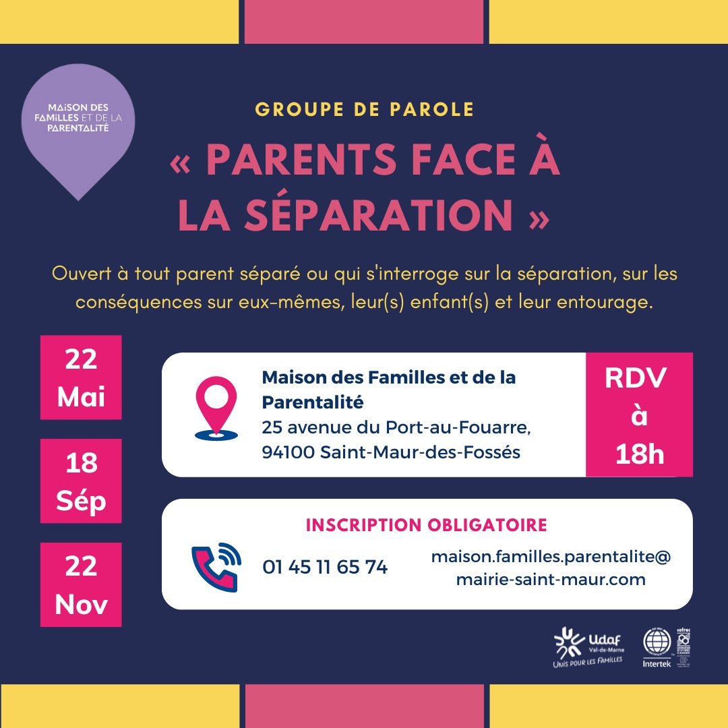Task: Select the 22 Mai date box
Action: (81, 377)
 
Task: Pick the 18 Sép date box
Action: (81, 481)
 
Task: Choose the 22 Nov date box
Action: (81, 584)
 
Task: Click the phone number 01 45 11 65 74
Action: (325, 568)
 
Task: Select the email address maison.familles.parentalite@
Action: (551, 557)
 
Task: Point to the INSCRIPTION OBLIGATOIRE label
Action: (427, 525)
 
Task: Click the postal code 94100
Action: (288, 453)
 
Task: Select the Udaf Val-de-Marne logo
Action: (587, 647)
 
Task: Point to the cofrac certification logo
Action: (684, 645)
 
